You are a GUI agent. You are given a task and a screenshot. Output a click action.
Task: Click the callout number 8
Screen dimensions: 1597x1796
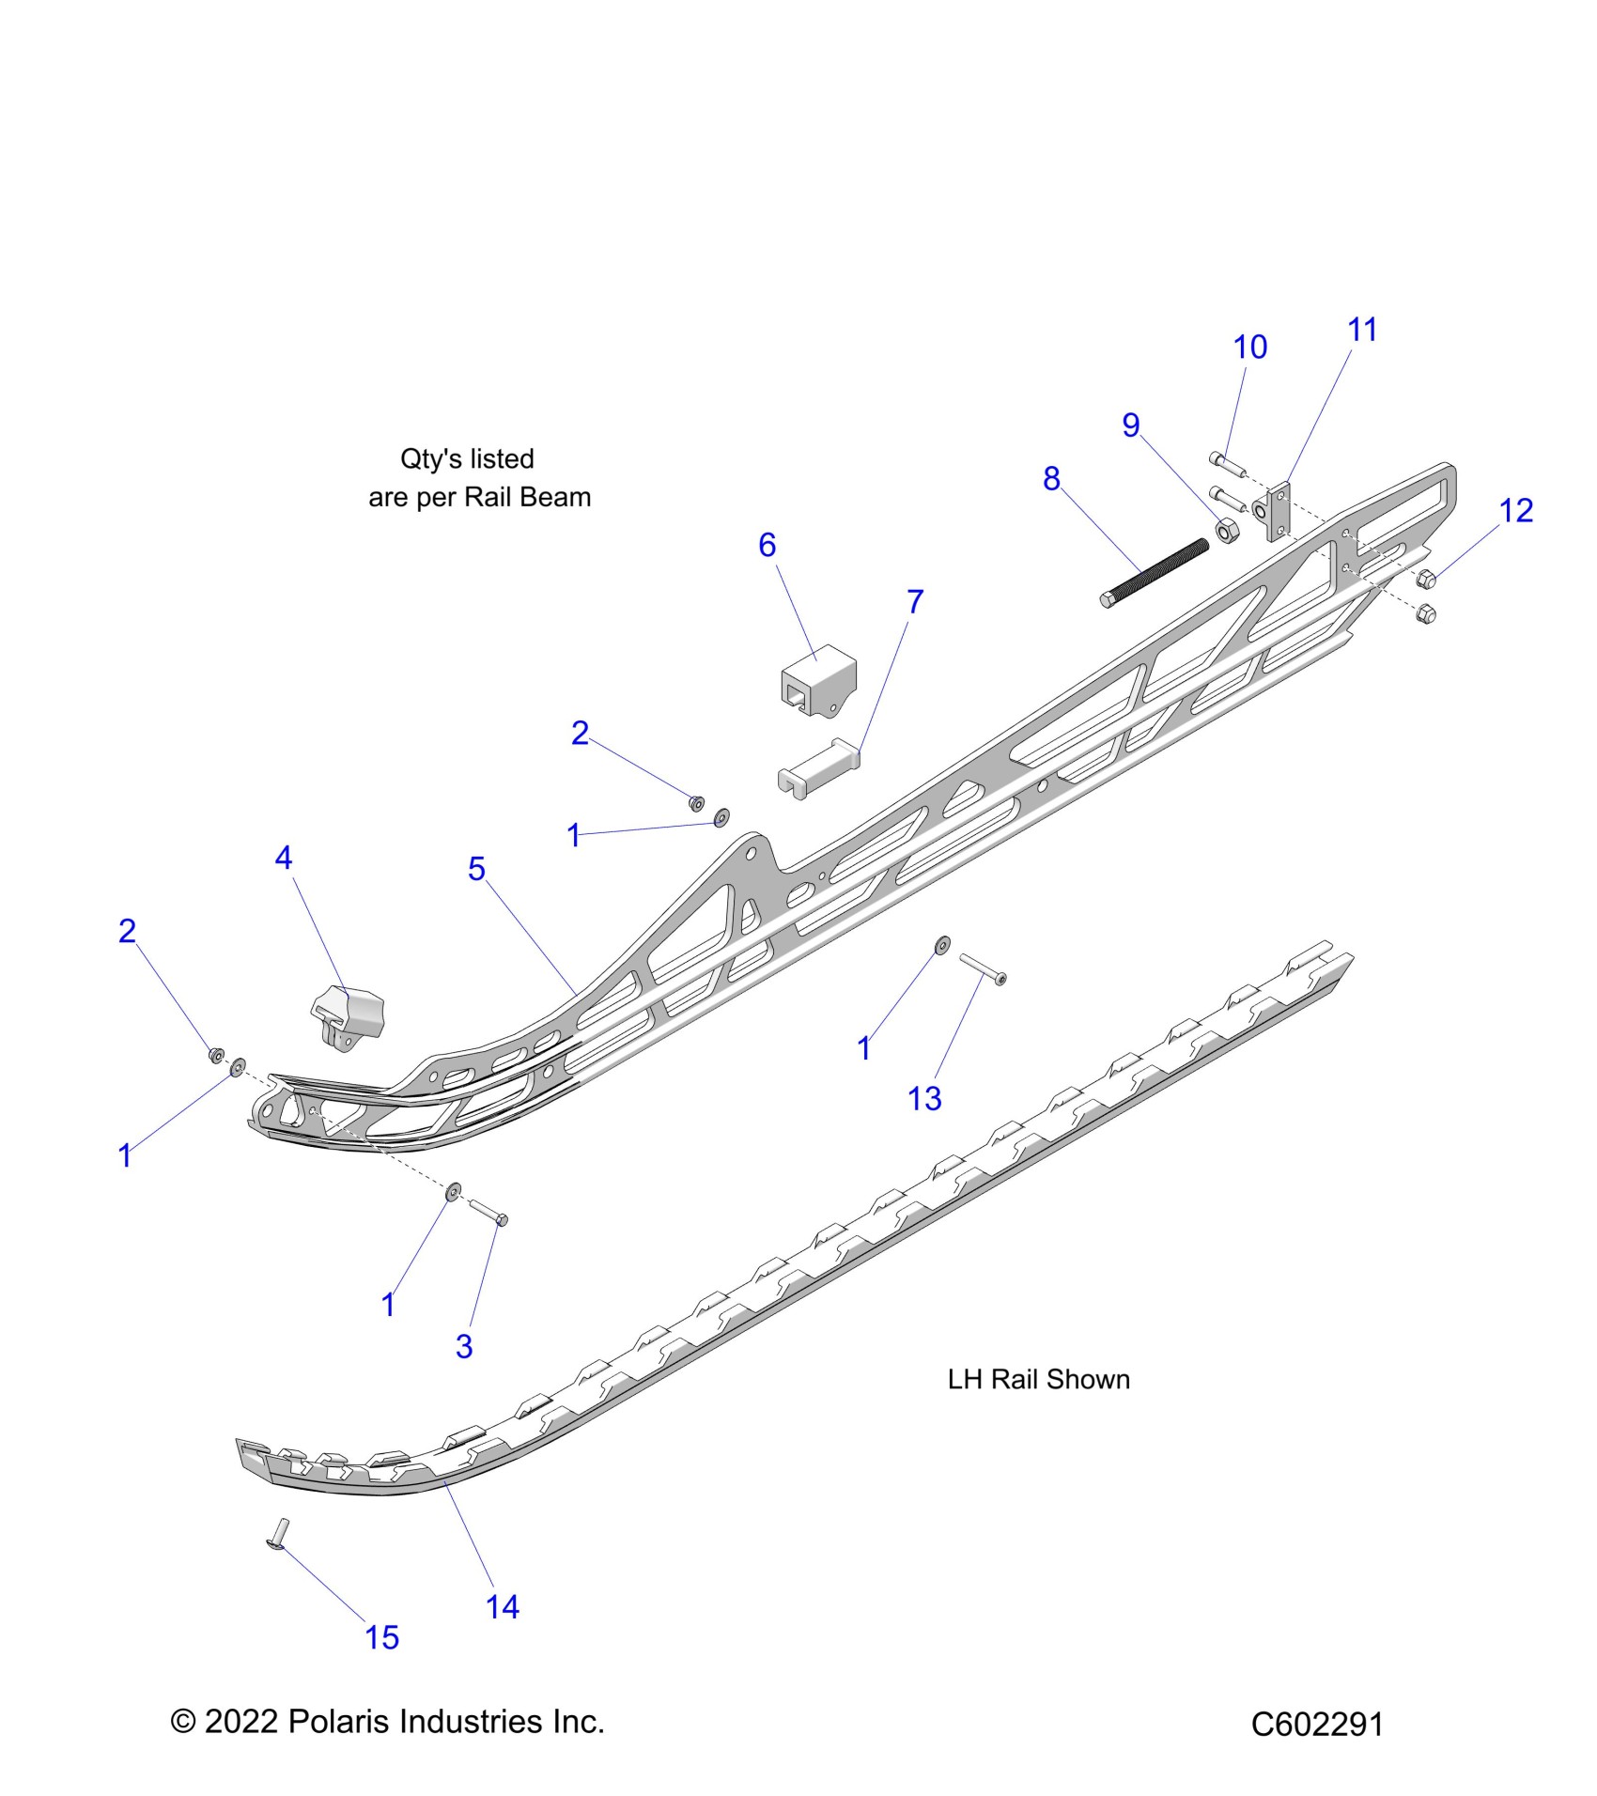1051,479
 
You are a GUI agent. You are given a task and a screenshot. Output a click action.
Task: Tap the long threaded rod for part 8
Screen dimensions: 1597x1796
1155,573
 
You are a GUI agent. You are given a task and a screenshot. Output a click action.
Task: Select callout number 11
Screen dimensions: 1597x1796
1362,330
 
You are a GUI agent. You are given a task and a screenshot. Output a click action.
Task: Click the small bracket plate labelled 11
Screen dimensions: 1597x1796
1276,512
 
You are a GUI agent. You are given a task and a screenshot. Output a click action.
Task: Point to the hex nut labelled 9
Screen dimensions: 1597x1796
1225,531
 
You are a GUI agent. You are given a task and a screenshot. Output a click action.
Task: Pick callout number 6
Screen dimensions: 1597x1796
767,545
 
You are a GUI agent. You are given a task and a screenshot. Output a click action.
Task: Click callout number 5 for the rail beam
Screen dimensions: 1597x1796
476,869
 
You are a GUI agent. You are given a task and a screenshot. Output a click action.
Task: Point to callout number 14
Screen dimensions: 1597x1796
503,1606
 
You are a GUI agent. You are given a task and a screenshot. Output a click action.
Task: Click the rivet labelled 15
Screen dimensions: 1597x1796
280,1535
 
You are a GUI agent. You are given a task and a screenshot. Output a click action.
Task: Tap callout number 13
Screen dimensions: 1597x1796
924,1098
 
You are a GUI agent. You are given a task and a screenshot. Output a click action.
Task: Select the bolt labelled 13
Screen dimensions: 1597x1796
983,968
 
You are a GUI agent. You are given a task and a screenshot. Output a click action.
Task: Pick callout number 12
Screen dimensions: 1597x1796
1515,511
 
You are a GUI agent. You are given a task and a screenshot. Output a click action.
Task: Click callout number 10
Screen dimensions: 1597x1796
1249,348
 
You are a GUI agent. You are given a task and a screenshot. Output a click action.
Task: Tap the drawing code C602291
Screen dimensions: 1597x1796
1317,1725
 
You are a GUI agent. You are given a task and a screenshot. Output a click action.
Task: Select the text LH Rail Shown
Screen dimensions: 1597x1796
1038,1379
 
